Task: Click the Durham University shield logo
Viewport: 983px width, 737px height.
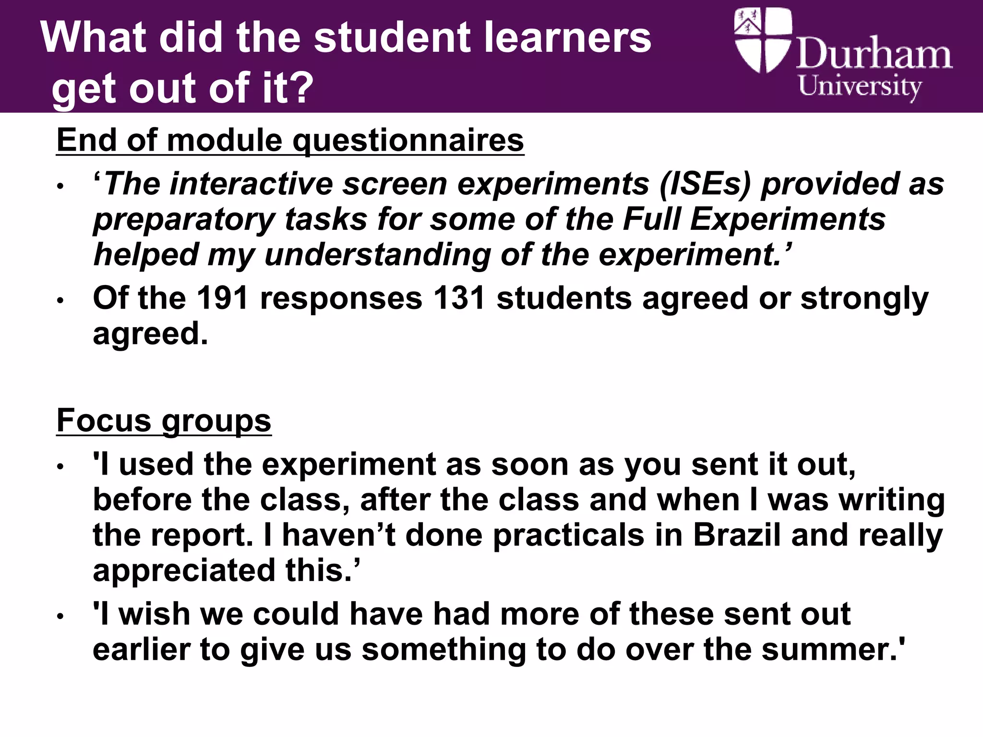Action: [762, 41]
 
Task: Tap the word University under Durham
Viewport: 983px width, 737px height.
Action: [860, 87]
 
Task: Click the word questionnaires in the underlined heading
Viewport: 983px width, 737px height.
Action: [408, 141]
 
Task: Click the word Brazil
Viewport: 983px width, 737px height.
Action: [736, 535]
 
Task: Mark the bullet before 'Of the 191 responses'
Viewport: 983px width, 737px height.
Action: [60, 301]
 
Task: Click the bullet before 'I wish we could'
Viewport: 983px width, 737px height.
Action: [60, 617]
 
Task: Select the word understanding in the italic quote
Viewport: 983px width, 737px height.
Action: [377, 255]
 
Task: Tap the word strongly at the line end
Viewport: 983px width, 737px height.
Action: [864, 298]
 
